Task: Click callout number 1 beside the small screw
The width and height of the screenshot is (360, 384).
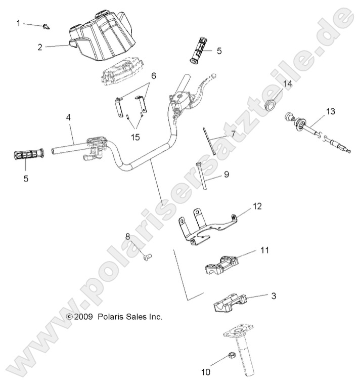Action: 20,23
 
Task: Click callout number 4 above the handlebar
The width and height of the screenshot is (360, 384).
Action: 68,117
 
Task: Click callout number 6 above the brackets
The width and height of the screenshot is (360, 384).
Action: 153,76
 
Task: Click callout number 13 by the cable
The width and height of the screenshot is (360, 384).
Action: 330,111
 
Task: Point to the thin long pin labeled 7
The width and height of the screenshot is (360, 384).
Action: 210,142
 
